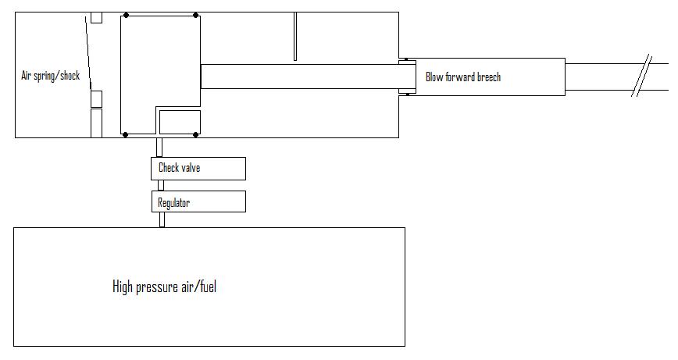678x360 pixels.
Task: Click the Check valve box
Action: click(x=198, y=168)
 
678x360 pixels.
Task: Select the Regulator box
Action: click(x=198, y=201)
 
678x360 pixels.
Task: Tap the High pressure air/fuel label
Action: click(x=164, y=287)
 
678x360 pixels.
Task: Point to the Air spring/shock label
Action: click(x=50, y=77)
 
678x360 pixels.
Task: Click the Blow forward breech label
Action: click(x=462, y=77)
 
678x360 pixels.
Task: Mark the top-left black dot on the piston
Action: click(x=126, y=15)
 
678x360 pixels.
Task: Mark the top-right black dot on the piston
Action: click(x=195, y=15)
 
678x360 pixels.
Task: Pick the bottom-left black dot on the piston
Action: click(x=126, y=134)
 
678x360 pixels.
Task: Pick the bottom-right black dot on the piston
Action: click(x=195, y=134)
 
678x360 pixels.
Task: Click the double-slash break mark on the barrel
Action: click(x=641, y=77)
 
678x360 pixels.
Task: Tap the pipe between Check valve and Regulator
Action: click(x=161, y=185)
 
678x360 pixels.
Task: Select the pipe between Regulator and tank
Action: click(x=162, y=219)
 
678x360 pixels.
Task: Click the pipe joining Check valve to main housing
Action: click(x=159, y=147)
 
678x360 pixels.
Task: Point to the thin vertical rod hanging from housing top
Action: click(x=295, y=36)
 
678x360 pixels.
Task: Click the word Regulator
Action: click(x=173, y=202)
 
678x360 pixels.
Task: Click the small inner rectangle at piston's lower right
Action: click(x=180, y=122)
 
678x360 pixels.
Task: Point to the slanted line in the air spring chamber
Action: click(x=87, y=55)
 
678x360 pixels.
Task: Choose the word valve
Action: click(x=191, y=168)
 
